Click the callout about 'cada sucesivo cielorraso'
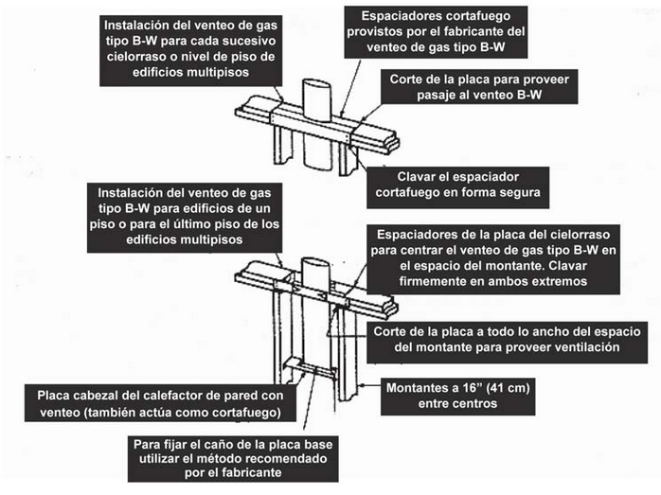190,51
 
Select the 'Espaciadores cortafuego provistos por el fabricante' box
436,32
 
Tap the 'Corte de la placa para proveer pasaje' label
479,87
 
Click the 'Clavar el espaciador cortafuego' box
457,187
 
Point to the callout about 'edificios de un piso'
185,218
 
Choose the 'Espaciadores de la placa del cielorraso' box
493,259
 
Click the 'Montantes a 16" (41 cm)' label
457,397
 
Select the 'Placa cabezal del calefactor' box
160,403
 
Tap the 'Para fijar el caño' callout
233,459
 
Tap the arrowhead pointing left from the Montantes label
360,385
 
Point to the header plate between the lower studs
310,368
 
